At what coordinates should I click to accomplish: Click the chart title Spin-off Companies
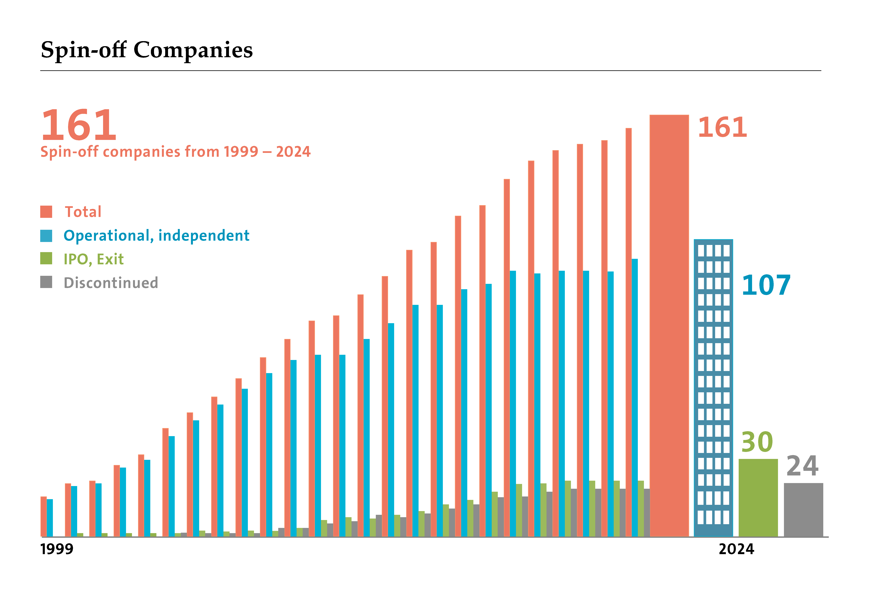(x=147, y=50)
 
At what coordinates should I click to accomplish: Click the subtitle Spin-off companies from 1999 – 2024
(x=175, y=152)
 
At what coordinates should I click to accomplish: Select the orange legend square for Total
(x=46, y=211)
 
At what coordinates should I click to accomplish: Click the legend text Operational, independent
(x=156, y=235)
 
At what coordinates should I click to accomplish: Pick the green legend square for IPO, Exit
(x=46, y=259)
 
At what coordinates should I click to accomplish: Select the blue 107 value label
(x=766, y=285)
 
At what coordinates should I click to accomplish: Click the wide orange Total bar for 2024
(x=669, y=326)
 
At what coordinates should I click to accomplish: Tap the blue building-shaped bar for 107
(x=713, y=387)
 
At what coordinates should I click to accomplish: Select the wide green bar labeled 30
(x=758, y=498)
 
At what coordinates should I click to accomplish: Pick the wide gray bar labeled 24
(x=803, y=510)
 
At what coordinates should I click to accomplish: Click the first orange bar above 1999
(x=43, y=516)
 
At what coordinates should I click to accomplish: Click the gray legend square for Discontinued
(x=46, y=282)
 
